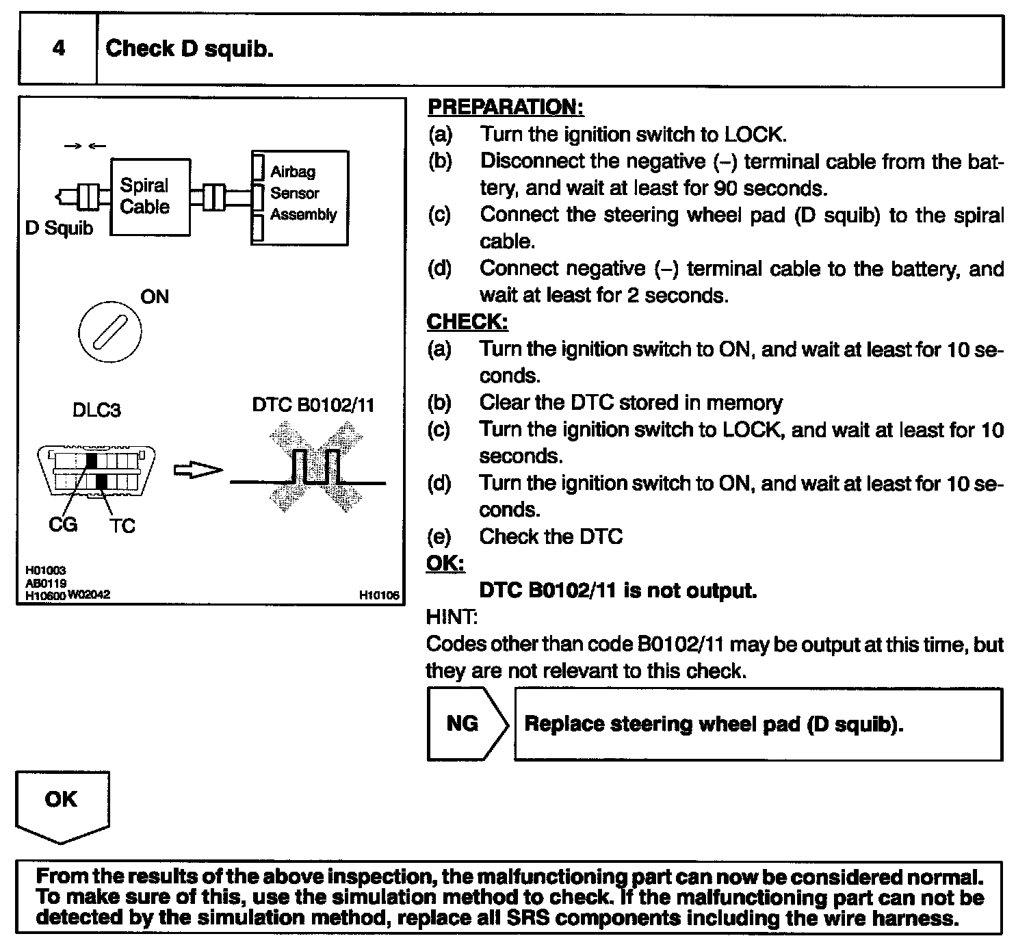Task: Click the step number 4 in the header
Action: click(x=59, y=49)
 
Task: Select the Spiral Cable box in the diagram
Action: click(x=150, y=197)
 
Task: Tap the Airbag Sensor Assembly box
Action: click(x=300, y=197)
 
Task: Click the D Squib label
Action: click(x=59, y=228)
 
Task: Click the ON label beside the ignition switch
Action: click(x=155, y=296)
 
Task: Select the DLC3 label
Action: click(x=96, y=410)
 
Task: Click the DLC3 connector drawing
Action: click(x=96, y=473)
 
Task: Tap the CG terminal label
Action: click(x=62, y=525)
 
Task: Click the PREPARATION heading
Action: click(x=505, y=107)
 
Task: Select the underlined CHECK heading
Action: click(x=467, y=322)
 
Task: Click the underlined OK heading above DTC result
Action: click(x=445, y=564)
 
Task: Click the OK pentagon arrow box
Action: click(x=62, y=805)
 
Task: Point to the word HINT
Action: click(x=452, y=617)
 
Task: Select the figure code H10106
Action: click(x=378, y=595)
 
